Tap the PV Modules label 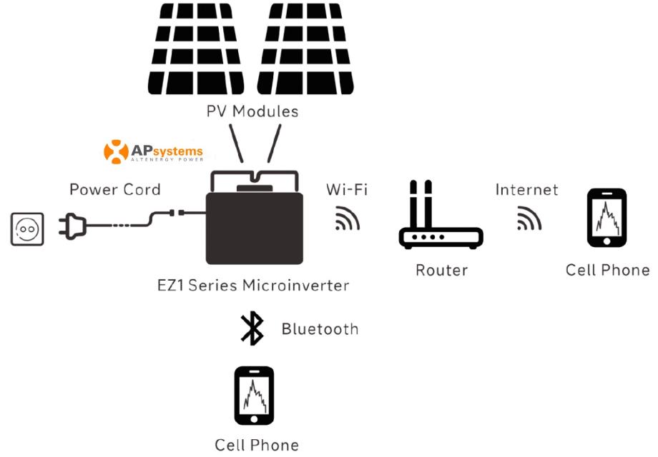click(252, 111)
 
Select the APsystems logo click(153, 152)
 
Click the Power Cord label click(115, 190)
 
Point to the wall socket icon click(27, 229)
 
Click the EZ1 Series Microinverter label click(253, 286)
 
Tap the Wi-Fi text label click(348, 190)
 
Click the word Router click(441, 271)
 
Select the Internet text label click(527, 190)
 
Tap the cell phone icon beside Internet click(607, 218)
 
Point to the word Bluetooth click(319, 329)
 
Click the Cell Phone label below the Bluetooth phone click(257, 445)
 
